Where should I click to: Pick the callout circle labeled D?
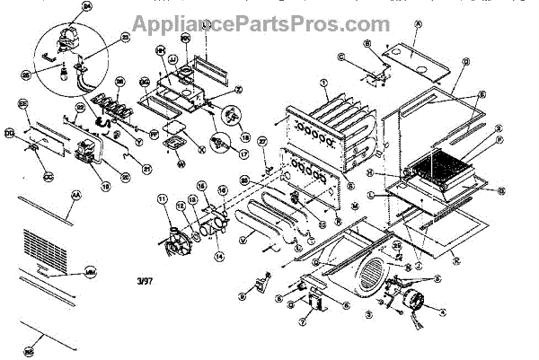click(465, 61)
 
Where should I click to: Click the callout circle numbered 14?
click(218, 256)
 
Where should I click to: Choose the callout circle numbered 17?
click(241, 154)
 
